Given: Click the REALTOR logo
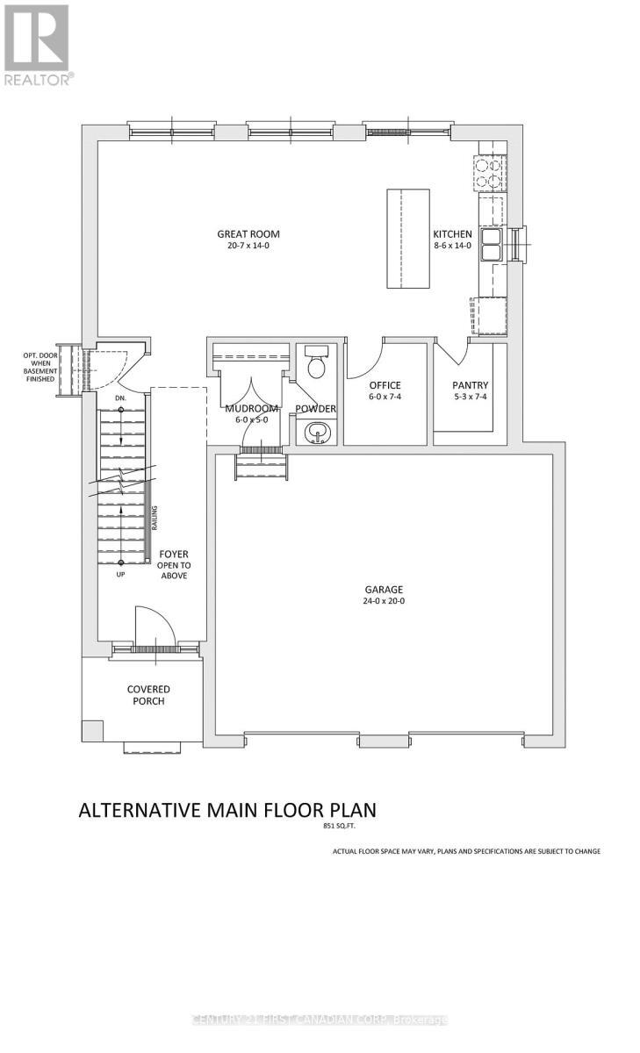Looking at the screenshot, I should click(x=36, y=44).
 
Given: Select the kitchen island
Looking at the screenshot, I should click(x=408, y=238).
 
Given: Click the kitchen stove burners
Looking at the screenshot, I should click(x=489, y=172).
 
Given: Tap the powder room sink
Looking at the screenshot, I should click(x=313, y=433).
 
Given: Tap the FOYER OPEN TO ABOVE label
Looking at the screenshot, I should click(x=174, y=565).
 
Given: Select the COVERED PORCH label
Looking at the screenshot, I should click(x=147, y=695).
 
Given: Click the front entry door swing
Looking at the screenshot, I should click(x=151, y=625).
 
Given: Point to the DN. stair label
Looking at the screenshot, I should click(x=120, y=398).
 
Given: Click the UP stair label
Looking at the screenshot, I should click(x=120, y=575).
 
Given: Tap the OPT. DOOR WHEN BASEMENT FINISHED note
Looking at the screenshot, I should click(x=40, y=367).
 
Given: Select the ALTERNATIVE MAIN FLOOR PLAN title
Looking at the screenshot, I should click(x=227, y=809).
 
